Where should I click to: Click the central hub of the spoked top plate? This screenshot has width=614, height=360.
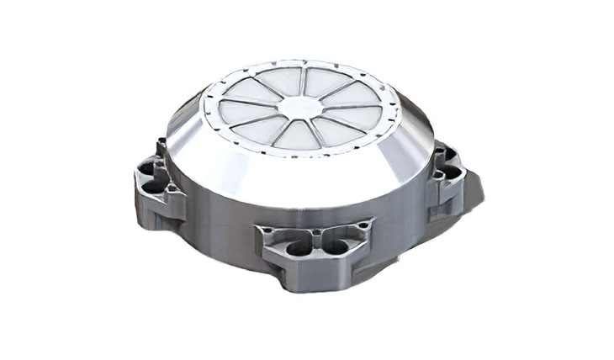coord(299,107)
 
